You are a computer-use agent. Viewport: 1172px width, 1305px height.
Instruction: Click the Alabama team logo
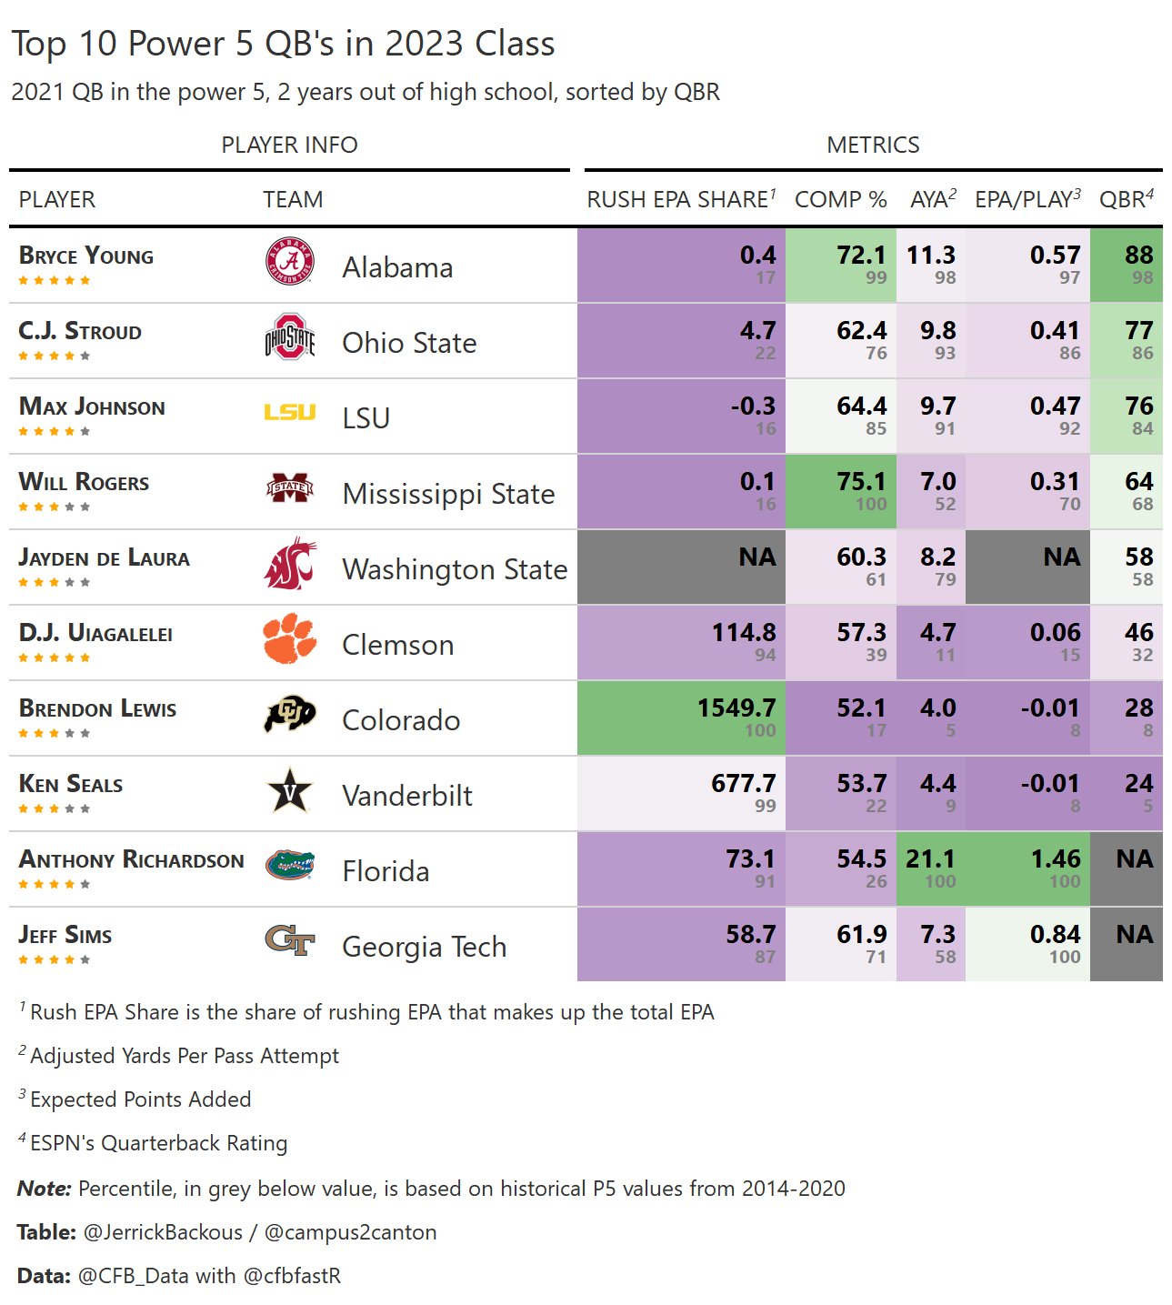point(290,262)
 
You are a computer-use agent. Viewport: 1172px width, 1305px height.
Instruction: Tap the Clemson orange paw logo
point(290,638)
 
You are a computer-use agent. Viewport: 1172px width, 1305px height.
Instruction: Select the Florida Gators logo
point(290,865)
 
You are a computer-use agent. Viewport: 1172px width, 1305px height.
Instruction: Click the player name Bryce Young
point(86,256)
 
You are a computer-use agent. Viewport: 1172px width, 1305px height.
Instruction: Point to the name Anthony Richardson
point(132,859)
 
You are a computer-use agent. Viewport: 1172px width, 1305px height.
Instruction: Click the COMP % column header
point(840,200)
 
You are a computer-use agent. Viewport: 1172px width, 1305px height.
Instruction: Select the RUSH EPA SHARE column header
point(681,200)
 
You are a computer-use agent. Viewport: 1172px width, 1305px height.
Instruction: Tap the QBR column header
point(1126,200)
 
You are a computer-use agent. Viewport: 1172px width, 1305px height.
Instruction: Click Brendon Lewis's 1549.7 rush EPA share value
point(736,708)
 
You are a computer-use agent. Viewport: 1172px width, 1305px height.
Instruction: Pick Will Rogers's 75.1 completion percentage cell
point(861,481)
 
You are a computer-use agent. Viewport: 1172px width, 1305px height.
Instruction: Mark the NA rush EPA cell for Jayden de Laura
point(756,557)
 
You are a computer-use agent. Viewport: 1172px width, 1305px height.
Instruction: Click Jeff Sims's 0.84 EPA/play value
point(1055,934)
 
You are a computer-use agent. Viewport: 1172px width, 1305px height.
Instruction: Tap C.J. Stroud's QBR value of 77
point(1138,330)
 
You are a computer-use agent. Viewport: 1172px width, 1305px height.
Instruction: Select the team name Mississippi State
point(448,494)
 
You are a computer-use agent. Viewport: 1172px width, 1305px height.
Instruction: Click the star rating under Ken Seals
point(55,808)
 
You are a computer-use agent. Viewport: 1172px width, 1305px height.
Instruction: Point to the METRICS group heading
point(873,146)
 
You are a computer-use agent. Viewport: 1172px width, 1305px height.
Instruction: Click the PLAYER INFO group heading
point(289,146)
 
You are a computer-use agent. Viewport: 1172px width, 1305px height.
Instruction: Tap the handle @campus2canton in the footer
point(350,1232)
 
